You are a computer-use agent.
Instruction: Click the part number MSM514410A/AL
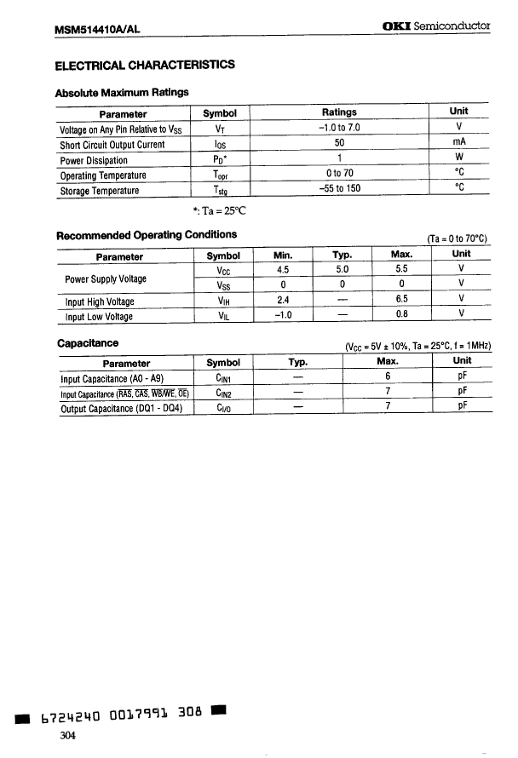(x=96, y=29)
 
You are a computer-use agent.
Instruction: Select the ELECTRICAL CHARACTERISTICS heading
(x=145, y=65)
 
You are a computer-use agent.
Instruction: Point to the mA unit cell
(x=458, y=143)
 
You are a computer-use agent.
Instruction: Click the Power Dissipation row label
(x=94, y=160)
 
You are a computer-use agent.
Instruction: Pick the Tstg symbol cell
(x=220, y=191)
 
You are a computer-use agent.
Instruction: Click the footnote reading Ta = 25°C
(x=220, y=210)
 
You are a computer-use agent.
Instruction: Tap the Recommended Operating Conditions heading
(x=146, y=235)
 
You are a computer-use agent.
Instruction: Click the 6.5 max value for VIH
(x=402, y=300)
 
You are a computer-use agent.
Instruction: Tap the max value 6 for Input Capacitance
(x=387, y=377)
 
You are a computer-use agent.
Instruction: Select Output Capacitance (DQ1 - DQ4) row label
(x=122, y=408)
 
